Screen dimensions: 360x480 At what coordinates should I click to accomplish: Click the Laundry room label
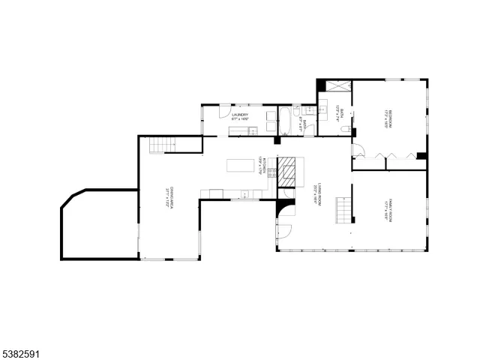coord(239,116)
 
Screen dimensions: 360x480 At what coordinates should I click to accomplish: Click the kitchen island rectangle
coord(240,165)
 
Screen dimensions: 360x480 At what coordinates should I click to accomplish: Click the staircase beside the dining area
coord(157,145)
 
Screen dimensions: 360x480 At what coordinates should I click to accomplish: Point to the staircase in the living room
coord(343,209)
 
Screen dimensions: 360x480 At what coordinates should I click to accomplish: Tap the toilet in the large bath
coord(344,129)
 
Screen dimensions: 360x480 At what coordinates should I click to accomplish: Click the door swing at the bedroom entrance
coord(358,150)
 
